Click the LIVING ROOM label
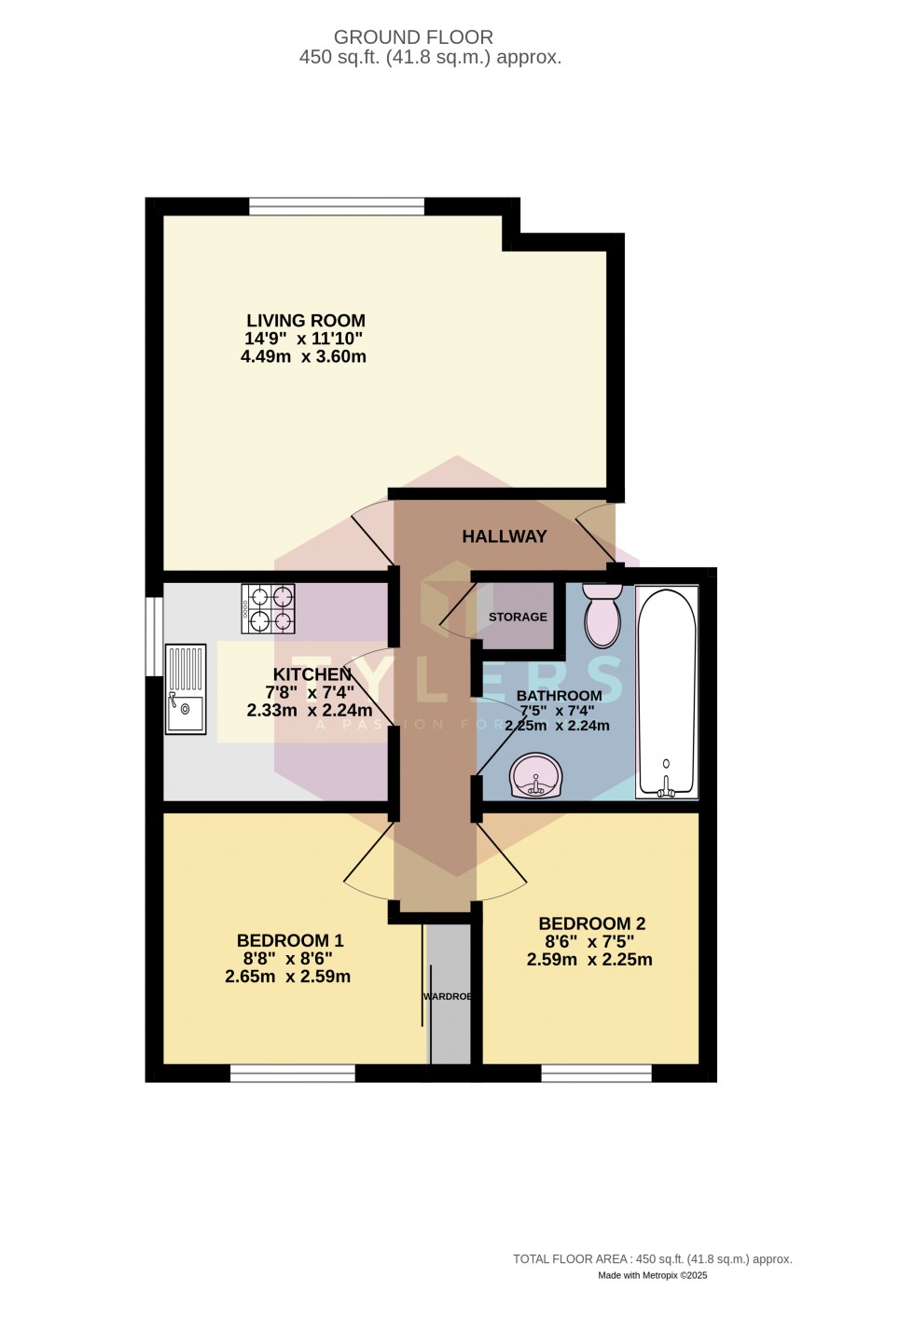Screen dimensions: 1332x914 tap(305, 321)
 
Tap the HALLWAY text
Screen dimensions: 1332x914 tap(504, 536)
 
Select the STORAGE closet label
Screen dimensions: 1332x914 tap(518, 617)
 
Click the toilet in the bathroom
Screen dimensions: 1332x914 tap(602, 615)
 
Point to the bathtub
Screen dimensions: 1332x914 tap(666, 691)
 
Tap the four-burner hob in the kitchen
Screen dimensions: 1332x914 tap(269, 609)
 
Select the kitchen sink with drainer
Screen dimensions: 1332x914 tap(185, 689)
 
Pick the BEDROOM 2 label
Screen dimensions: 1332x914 tap(591, 923)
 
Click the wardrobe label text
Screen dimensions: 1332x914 tap(448, 996)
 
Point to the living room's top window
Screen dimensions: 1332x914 tap(337, 206)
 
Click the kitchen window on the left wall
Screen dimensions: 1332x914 tap(154, 635)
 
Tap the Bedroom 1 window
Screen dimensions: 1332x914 tap(293, 1074)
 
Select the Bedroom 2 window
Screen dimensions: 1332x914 tap(596, 1074)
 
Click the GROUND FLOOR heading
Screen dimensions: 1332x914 tap(413, 37)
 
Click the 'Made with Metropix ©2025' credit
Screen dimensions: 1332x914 tap(652, 1275)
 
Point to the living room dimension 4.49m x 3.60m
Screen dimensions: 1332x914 tap(303, 356)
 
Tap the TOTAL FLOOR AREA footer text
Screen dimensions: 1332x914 tap(652, 1259)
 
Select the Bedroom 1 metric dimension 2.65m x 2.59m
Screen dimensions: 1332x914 tap(287, 977)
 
